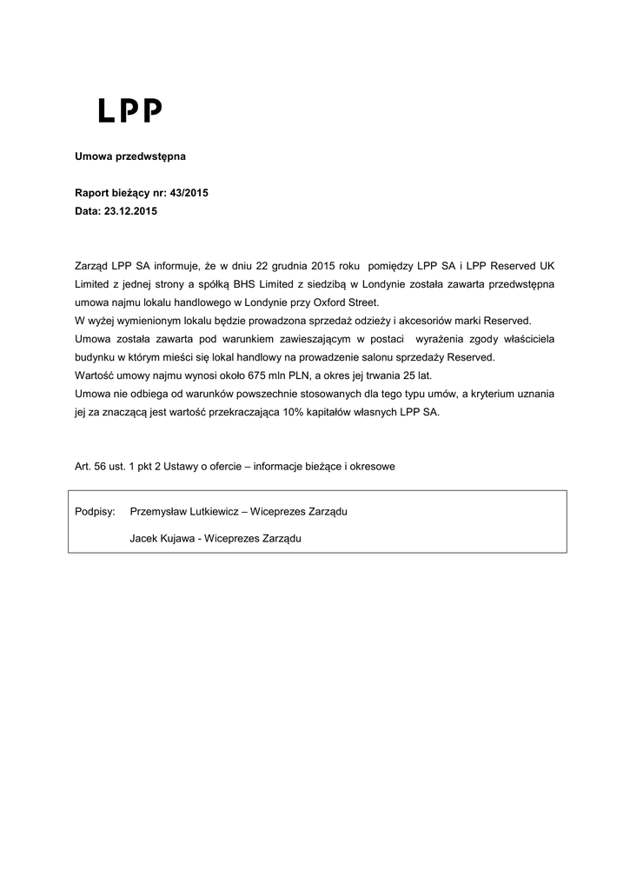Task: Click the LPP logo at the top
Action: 129,110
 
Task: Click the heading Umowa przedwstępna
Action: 129,157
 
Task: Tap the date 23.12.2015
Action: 131,211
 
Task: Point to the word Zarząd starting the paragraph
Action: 91,265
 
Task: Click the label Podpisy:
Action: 96,513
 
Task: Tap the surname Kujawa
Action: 173,539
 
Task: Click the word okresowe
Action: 372,467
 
